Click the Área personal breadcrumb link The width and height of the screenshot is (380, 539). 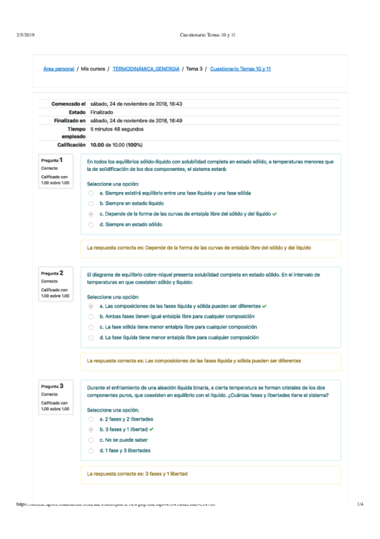point(58,69)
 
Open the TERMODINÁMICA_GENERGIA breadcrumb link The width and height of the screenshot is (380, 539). point(146,69)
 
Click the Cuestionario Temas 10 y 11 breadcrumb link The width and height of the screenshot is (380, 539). point(240,69)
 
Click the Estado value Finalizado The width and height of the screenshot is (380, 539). point(102,112)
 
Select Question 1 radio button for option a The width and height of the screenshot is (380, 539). point(91,193)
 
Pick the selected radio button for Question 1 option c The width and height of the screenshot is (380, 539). point(91,214)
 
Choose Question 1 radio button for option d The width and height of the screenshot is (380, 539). point(91,224)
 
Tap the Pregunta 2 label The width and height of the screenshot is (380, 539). point(57,273)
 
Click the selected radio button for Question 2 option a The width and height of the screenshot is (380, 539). point(91,306)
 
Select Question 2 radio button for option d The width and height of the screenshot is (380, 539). point(91,338)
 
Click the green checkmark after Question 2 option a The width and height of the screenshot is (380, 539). point(264,306)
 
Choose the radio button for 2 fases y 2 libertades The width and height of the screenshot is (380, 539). point(91,420)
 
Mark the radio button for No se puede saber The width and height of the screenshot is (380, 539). point(91,440)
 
